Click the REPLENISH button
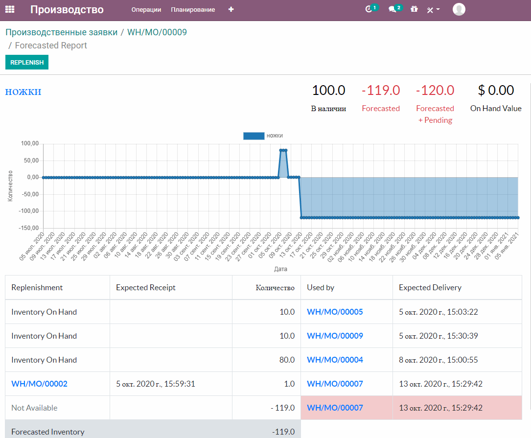click(x=27, y=62)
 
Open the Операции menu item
click(x=146, y=10)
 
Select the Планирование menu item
click(x=193, y=10)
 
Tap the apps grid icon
click(x=10, y=9)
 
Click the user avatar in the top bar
click(x=459, y=9)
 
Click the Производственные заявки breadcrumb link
click(x=62, y=32)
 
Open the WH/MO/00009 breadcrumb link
click(x=157, y=32)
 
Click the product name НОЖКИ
click(x=23, y=92)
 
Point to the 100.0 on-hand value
click(x=328, y=91)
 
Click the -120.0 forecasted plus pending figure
click(x=435, y=91)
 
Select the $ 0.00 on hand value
click(x=496, y=91)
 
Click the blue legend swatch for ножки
click(x=254, y=136)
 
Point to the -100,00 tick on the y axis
click(x=29, y=211)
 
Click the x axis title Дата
click(x=280, y=269)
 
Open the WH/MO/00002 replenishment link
click(x=39, y=384)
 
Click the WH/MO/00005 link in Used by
click(x=335, y=312)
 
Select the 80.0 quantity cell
click(x=287, y=360)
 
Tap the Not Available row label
click(x=34, y=408)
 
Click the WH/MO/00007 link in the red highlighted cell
click(x=335, y=408)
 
